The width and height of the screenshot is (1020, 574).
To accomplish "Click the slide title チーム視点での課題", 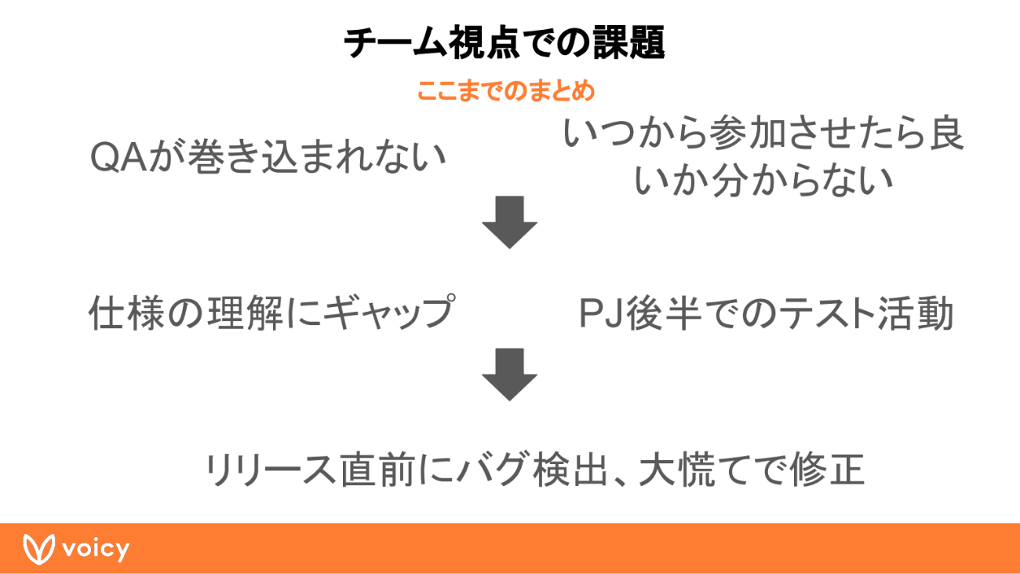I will [505, 43].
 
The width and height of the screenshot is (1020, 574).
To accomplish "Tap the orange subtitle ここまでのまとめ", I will [505, 91].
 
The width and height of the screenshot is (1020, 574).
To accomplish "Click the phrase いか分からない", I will [763, 181].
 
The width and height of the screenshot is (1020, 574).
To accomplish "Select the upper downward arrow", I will [509, 222].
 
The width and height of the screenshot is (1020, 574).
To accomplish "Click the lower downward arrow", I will [509, 374].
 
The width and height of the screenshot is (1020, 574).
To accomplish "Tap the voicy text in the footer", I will [97, 549].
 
